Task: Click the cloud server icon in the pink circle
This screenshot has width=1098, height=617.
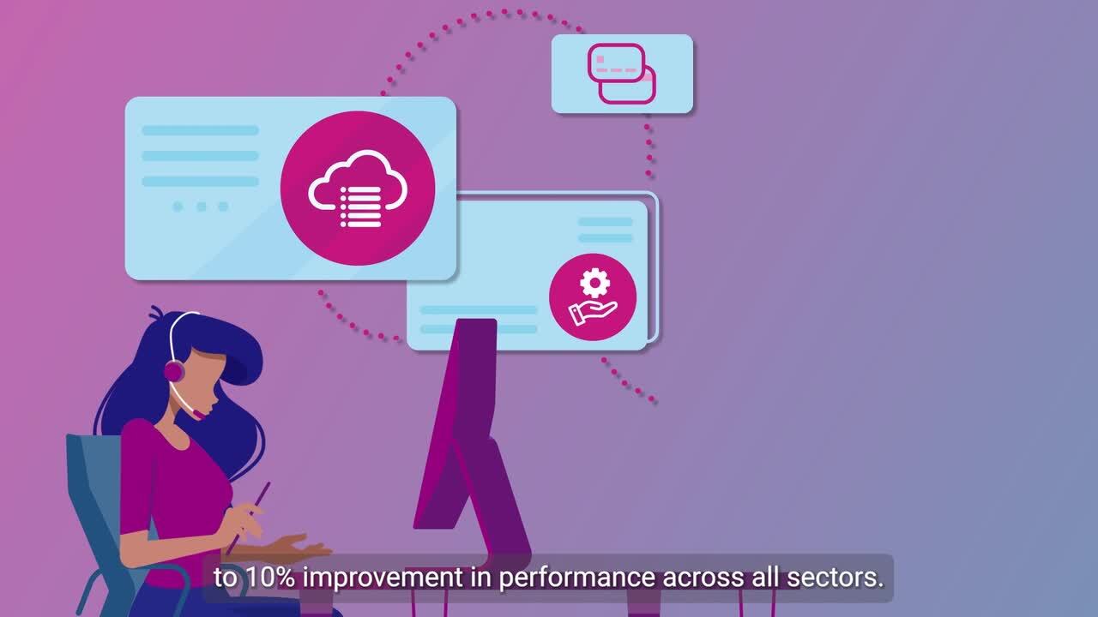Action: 357,189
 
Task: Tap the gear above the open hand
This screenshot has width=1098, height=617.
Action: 593,282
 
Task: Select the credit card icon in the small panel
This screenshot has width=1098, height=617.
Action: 622,74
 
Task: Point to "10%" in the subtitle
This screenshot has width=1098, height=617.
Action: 269,578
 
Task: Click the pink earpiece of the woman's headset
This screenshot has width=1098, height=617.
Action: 174,371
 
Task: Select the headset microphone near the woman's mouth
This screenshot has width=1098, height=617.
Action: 199,414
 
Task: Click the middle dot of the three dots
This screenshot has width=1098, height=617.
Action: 201,207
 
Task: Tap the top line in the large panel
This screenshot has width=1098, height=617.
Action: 200,130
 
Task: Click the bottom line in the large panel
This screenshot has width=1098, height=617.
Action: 200,182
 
